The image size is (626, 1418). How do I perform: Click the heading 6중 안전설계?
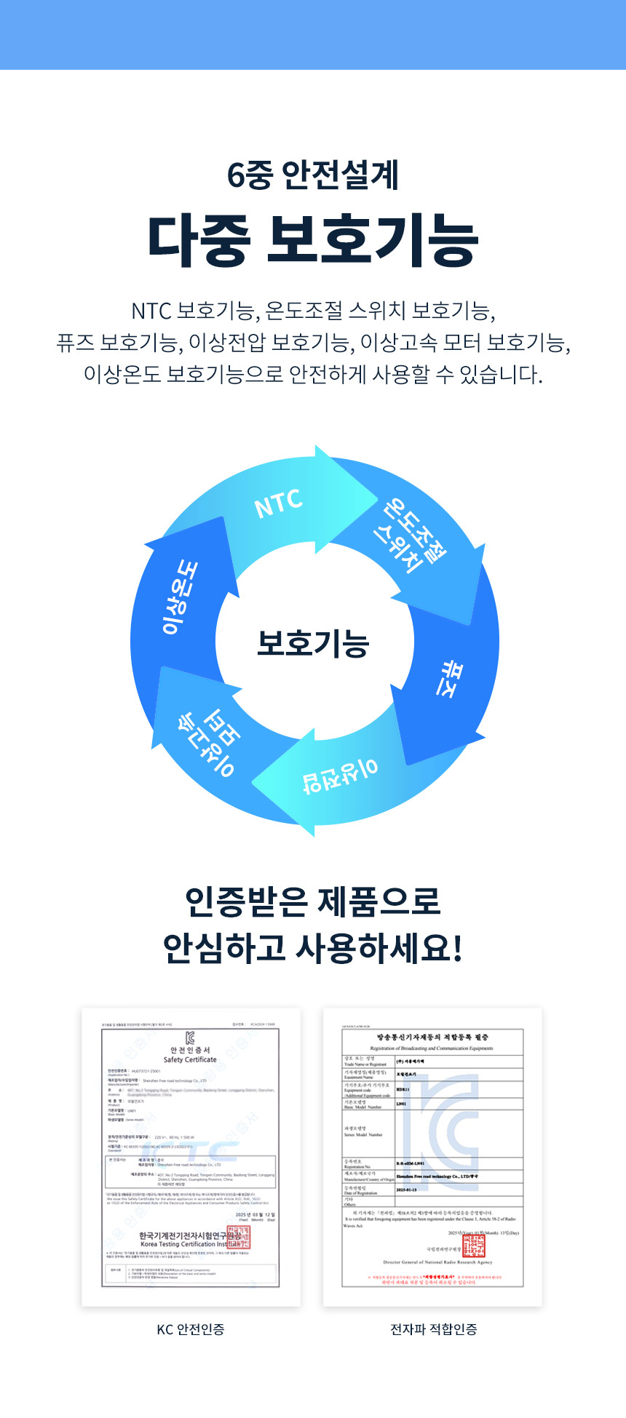[x=313, y=175]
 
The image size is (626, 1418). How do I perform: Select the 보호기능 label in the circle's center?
[x=313, y=643]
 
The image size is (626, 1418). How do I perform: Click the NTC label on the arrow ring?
[x=279, y=503]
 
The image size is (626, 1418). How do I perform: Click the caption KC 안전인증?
[x=191, y=1329]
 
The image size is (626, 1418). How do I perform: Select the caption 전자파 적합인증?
[x=434, y=1329]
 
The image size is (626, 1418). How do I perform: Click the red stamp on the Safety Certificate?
[x=238, y=1237]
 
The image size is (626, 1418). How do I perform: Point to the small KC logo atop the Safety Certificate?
[x=190, y=1038]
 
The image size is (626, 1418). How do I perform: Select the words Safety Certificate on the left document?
[x=190, y=1059]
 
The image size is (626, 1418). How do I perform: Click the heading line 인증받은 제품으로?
[x=313, y=901]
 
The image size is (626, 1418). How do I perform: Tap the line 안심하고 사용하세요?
[x=313, y=948]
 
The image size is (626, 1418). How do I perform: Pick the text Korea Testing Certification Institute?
[x=186, y=1244]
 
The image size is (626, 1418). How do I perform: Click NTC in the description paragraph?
[x=151, y=311]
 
